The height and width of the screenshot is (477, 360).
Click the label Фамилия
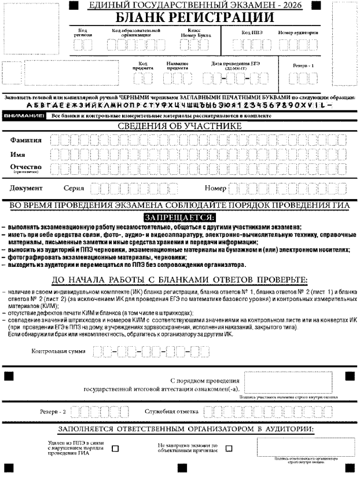pyautogui.click(x=27, y=141)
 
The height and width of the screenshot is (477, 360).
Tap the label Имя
pyautogui.click(x=19, y=155)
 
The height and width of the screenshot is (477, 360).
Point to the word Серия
pyautogui.click(x=74, y=188)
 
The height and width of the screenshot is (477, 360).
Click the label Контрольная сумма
pyautogui.click(x=60, y=351)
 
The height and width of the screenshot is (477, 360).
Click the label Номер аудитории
pyautogui.click(x=297, y=32)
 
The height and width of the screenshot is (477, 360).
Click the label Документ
pyautogui.click(x=26, y=188)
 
